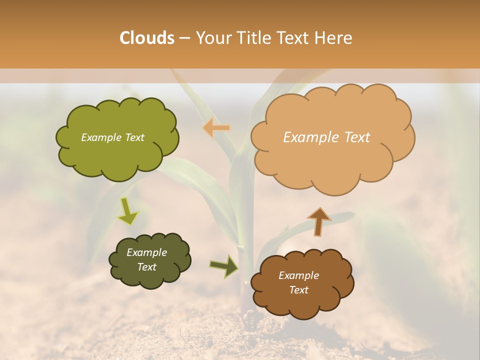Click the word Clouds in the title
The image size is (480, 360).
coord(147,38)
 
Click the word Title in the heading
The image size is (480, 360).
coord(254,38)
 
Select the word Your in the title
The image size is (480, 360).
coord(213,38)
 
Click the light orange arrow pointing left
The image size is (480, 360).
coord(216,128)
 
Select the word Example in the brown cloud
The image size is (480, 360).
coord(298,275)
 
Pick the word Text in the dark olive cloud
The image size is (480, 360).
coord(147,267)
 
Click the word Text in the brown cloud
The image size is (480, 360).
coord(298,290)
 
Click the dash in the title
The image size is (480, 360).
coord(184,38)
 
